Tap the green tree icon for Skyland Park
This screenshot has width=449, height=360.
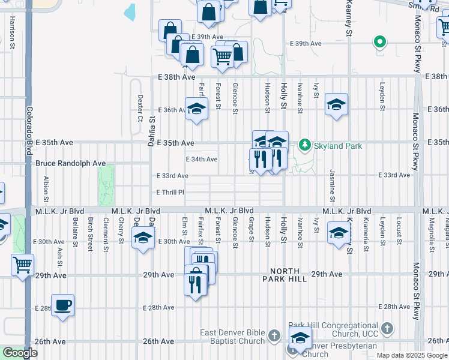pos(305,145)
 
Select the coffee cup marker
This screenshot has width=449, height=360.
pos(62,305)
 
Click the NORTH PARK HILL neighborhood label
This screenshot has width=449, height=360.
pos(292,275)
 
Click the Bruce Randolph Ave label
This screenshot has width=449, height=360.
pos(70,163)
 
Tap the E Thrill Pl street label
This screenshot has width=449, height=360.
pos(170,193)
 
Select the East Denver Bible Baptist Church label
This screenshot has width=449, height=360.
pos(234,337)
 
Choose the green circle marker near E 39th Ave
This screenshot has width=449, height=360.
pos(379,42)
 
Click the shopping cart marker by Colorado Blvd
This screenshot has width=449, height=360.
pos(22,264)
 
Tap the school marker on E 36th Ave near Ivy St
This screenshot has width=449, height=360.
pos(336,104)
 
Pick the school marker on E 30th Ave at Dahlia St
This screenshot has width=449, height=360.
pos(142,239)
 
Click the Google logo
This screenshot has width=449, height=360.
pos(20,353)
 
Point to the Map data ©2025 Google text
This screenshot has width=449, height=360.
pos(411,355)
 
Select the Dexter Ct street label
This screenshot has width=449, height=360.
pos(140,107)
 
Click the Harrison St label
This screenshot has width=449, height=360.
pos(12,29)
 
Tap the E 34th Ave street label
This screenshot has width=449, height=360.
pos(202,160)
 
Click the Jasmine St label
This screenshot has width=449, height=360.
pos(332,185)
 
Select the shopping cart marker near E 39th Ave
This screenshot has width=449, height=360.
pos(222,56)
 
